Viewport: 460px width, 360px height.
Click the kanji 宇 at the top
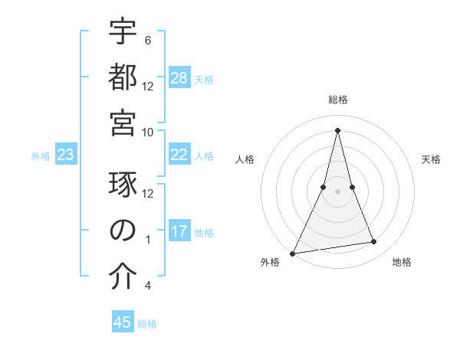pos(123,33)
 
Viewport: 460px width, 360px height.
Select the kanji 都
pos(123,78)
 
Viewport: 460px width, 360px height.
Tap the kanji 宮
pos(123,123)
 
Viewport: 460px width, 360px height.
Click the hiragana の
pos(123,231)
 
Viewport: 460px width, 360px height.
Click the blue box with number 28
pos(179,78)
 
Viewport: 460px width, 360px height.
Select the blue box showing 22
pos(179,155)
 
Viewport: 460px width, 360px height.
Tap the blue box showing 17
pos(179,231)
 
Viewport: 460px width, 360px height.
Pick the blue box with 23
pos(66,155)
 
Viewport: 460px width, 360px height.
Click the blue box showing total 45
pos(123,322)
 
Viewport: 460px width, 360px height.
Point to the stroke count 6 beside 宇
pos(147,41)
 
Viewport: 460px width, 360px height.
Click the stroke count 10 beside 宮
pos(148,132)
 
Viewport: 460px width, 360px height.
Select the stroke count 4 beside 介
pos(147,286)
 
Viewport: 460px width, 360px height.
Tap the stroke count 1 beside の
pos(147,240)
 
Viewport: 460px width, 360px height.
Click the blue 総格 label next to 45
pos(147,323)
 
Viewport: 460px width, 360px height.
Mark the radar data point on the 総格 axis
pos(337,130)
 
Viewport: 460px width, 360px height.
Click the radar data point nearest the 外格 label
pos(293,253)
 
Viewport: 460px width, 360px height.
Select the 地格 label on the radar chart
pos(402,263)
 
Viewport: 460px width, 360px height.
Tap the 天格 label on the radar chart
pos(431,159)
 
